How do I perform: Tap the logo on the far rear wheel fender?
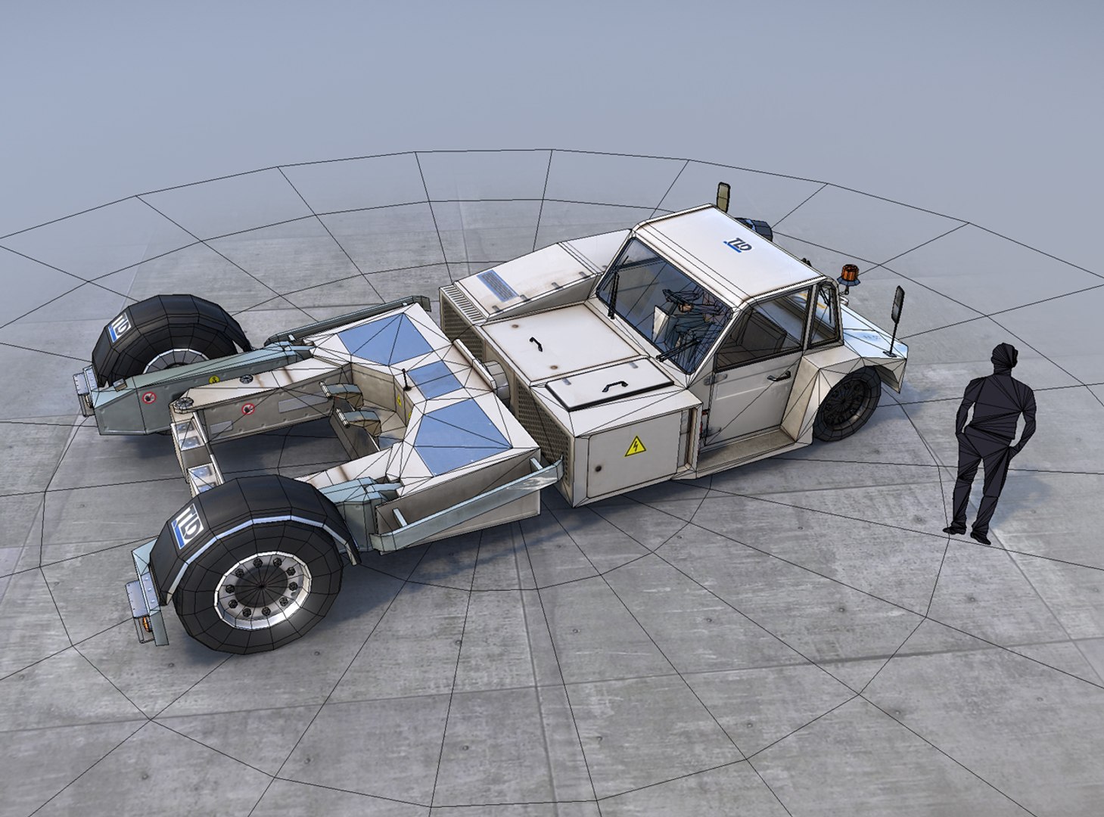[x=120, y=326]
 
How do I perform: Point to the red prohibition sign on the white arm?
[x=247, y=410]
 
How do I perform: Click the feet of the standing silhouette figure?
[x=968, y=532]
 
